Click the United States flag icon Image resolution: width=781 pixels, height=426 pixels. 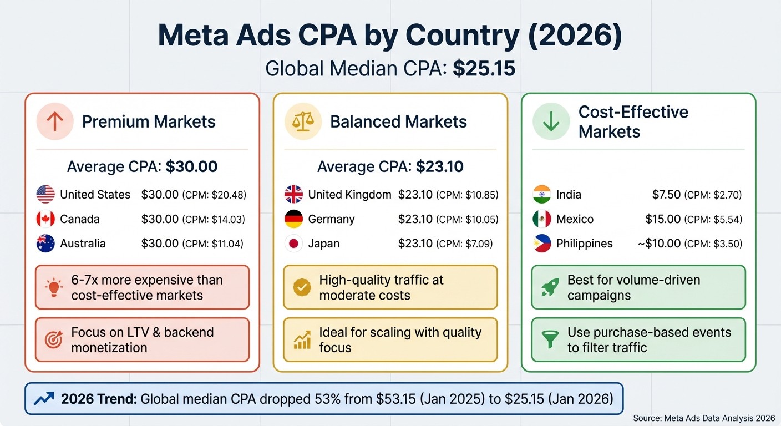[x=45, y=195]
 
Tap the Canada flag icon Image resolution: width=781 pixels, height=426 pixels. [x=45, y=219]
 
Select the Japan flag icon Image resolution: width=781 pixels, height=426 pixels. [x=293, y=244]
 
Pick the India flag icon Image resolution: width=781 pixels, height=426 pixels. [x=541, y=195]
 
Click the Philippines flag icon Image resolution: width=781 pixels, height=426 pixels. [x=541, y=244]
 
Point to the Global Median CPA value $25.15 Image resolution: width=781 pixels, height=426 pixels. [x=484, y=68]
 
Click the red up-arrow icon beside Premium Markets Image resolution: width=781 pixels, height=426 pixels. [x=55, y=121]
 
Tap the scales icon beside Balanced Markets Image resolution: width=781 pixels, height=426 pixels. [x=303, y=121]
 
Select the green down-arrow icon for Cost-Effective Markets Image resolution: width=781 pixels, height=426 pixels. [x=551, y=121]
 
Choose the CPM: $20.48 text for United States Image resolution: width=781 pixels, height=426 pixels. [x=214, y=195]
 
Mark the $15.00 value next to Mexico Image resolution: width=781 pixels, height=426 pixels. [x=663, y=219]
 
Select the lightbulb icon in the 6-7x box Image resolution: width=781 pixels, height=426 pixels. [x=54, y=287]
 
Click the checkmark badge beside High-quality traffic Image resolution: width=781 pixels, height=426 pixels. [x=302, y=287]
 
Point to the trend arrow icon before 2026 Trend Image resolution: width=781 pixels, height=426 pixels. [x=44, y=398]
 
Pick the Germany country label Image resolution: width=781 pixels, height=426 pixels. [x=331, y=219]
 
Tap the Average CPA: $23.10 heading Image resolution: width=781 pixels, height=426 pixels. [x=390, y=166]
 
